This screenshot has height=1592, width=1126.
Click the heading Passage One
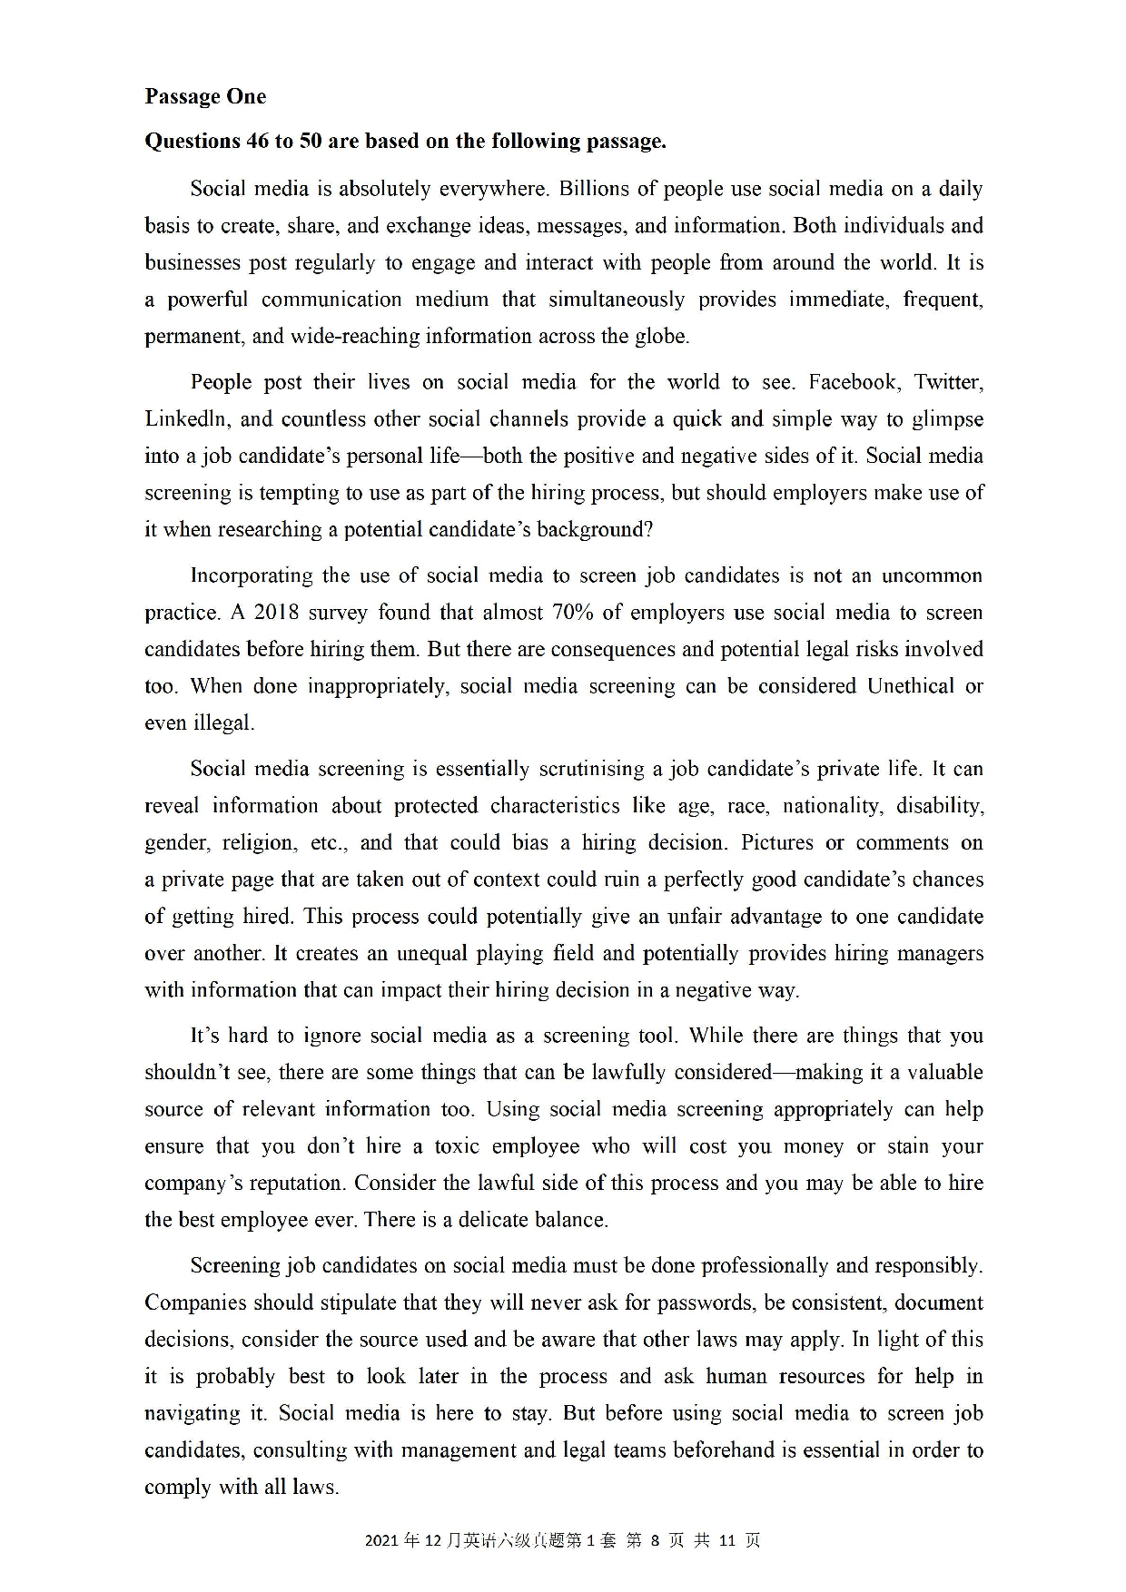point(205,97)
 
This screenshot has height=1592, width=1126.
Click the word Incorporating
point(252,575)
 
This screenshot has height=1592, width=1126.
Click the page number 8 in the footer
point(654,1540)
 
